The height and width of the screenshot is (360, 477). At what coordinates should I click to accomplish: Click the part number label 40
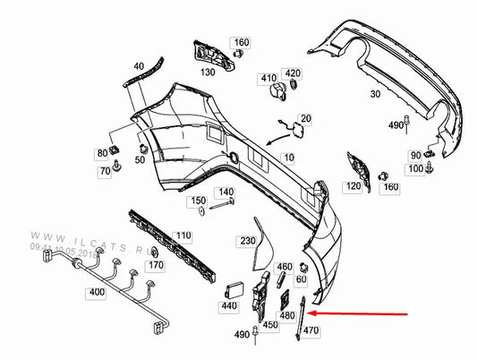pyautogui.click(x=139, y=67)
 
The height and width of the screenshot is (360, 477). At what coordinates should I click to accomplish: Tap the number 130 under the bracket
pyautogui.click(x=208, y=72)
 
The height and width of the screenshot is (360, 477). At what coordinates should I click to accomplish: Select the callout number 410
pyautogui.click(x=268, y=79)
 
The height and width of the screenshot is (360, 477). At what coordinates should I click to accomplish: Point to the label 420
pyautogui.click(x=293, y=73)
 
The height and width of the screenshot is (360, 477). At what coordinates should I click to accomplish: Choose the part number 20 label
pyautogui.click(x=305, y=118)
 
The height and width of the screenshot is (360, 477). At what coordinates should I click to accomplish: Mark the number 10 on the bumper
pyautogui.click(x=288, y=158)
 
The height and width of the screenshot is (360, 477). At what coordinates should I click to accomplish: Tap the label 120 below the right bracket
pyautogui.click(x=353, y=186)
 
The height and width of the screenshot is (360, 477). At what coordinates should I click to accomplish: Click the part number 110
pyautogui.click(x=183, y=236)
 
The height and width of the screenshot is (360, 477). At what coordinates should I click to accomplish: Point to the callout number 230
pyautogui.click(x=246, y=241)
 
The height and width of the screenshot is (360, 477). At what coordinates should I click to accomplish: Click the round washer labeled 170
pyautogui.click(x=155, y=251)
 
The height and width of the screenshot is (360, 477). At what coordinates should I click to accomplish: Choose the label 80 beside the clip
pyautogui.click(x=102, y=154)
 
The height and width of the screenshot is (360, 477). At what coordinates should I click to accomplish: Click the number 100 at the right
pyautogui.click(x=415, y=169)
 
